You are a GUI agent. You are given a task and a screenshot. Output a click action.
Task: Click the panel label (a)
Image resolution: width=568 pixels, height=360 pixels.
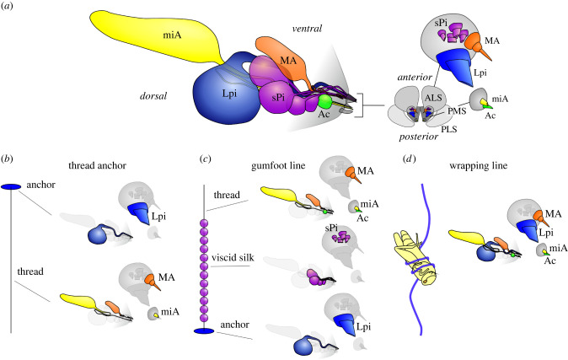tap(10, 7)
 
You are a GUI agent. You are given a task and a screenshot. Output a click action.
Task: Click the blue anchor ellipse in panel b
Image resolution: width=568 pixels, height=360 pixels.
tap(12, 186)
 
